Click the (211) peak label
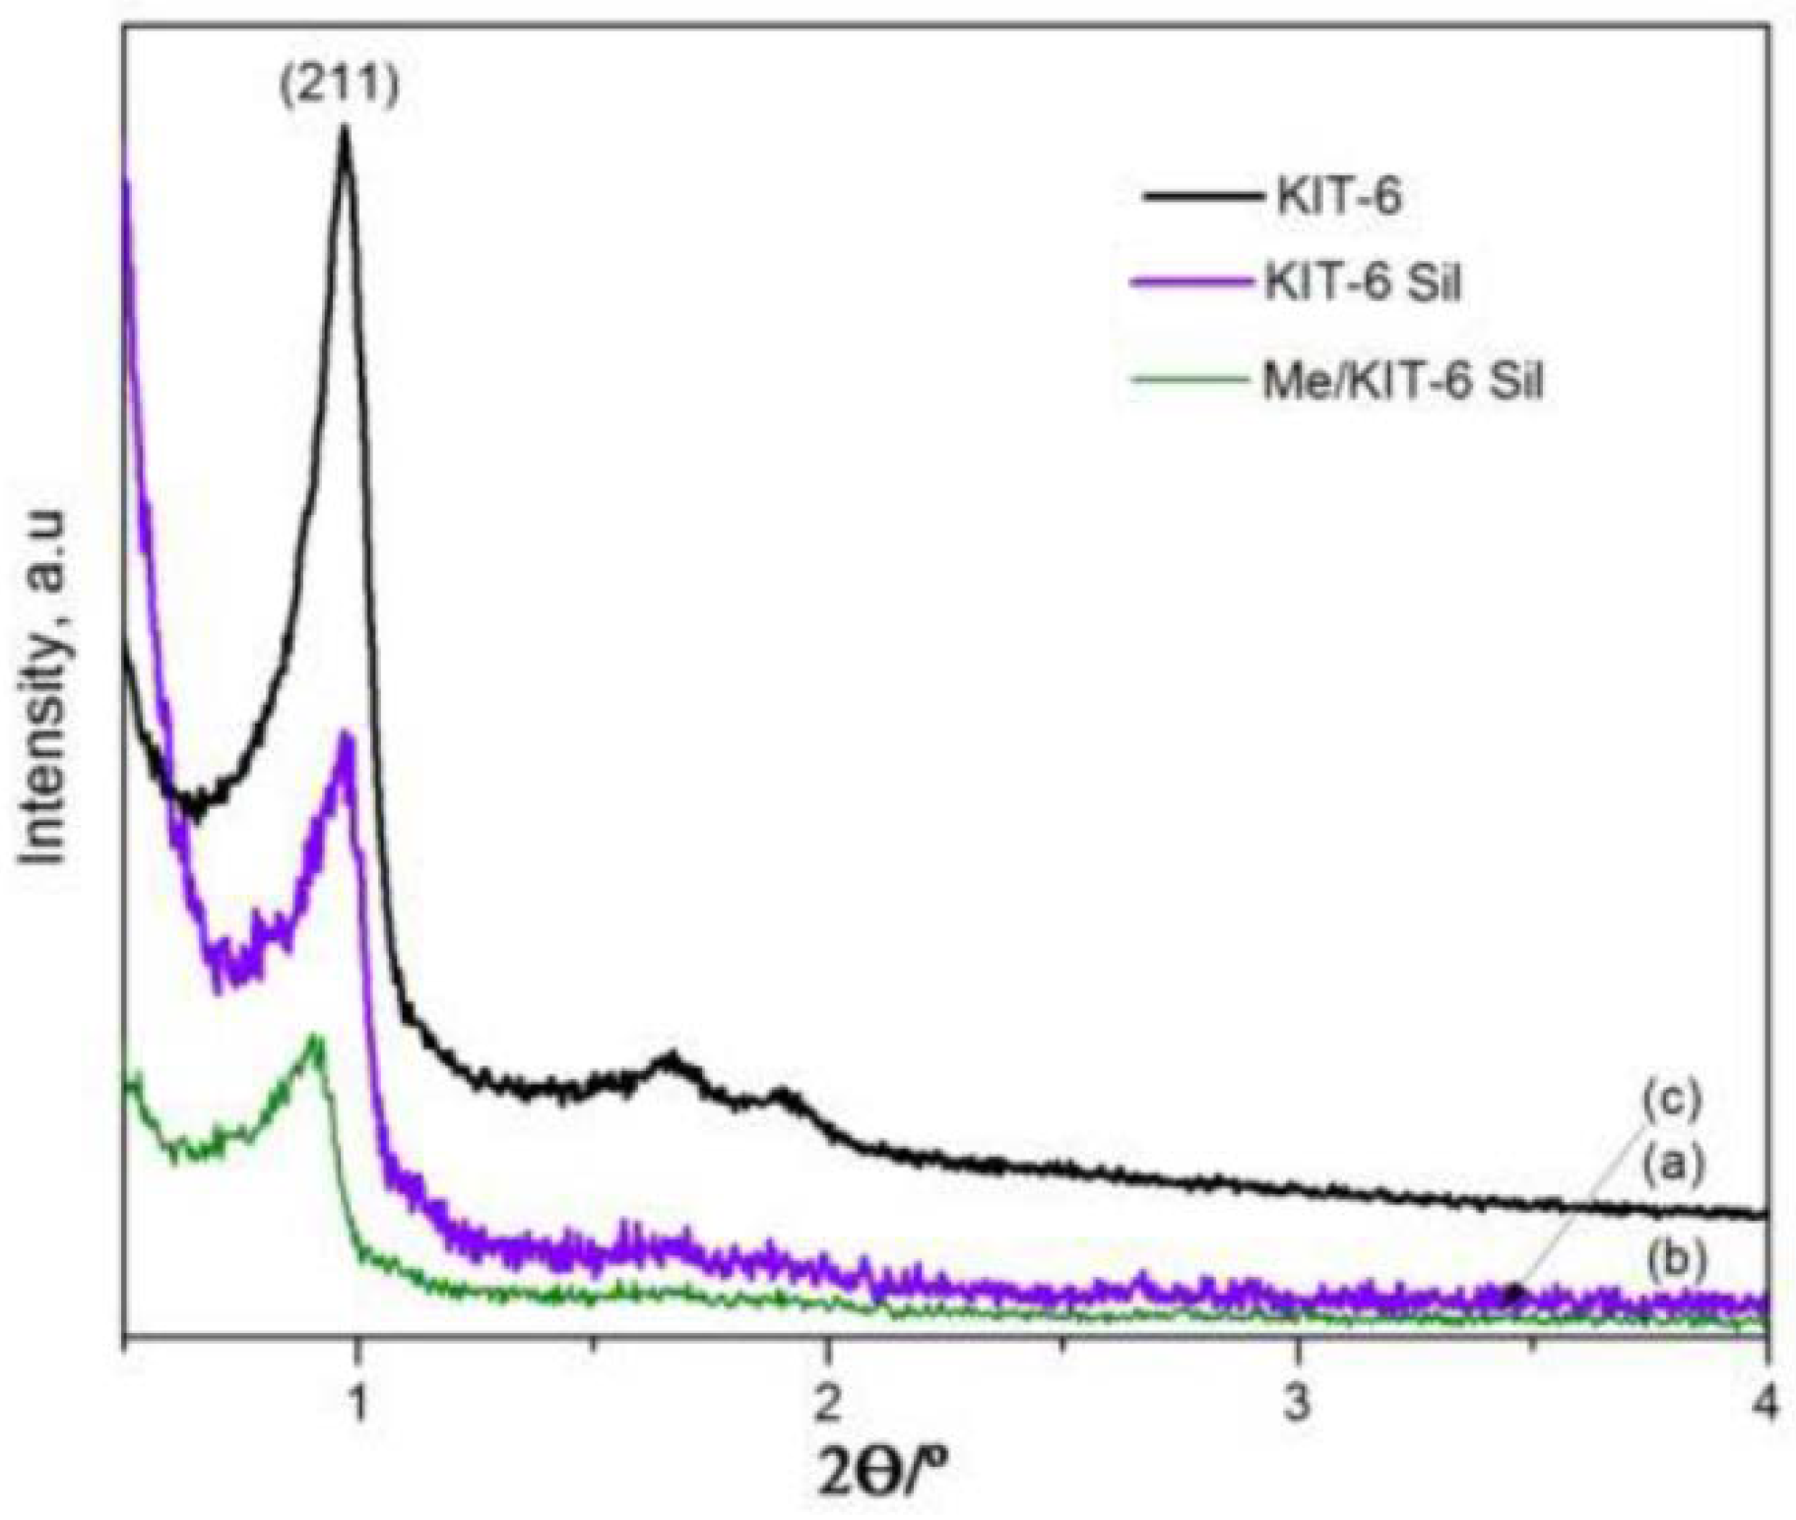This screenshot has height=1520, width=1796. (x=340, y=87)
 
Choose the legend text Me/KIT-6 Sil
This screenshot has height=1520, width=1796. (x=1402, y=379)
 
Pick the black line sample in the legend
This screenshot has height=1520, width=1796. (x=1202, y=197)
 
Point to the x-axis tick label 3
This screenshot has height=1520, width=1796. (x=1298, y=1405)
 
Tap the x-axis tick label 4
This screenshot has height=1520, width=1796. (x=1767, y=1405)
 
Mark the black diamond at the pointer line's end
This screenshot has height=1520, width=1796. (x=1514, y=1292)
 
